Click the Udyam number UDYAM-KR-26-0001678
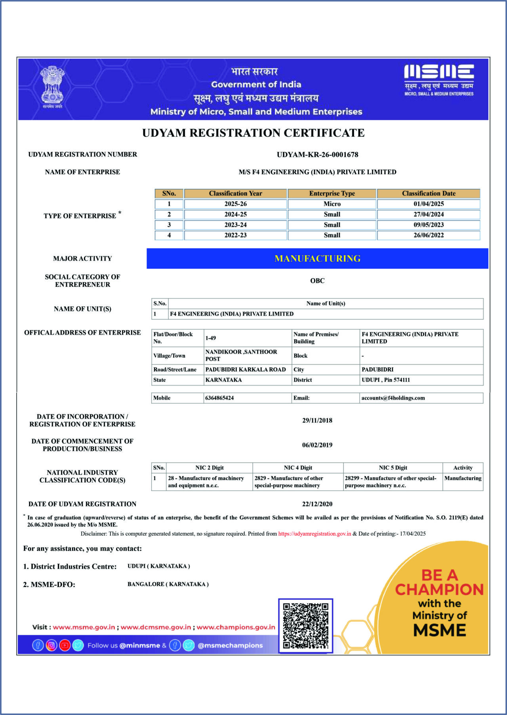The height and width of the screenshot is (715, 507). click(x=317, y=154)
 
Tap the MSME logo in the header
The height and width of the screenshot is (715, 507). click(x=439, y=80)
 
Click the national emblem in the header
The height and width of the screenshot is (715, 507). click(x=53, y=87)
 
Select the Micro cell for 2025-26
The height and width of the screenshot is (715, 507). click(x=332, y=204)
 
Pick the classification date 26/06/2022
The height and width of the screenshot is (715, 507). click(x=429, y=235)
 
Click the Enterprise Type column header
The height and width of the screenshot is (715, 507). click(x=332, y=193)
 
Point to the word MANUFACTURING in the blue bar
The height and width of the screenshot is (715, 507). click(x=317, y=259)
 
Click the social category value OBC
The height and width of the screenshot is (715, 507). click(x=317, y=281)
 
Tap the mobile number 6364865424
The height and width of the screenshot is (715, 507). click(x=219, y=398)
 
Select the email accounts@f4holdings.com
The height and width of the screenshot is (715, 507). click(x=393, y=398)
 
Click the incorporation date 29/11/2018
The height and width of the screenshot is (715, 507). click(x=317, y=420)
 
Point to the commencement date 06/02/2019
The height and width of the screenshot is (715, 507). click(x=317, y=445)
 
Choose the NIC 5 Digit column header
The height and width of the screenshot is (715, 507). click(x=393, y=468)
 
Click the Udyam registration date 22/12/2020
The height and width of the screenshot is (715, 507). click(x=317, y=504)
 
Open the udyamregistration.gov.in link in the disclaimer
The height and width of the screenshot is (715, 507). click(x=314, y=534)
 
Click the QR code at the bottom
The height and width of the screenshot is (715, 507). click(x=305, y=625)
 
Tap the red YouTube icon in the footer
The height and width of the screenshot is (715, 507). click(x=65, y=645)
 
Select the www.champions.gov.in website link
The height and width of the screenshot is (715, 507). click(x=236, y=627)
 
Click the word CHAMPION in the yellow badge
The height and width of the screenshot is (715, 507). click(x=439, y=589)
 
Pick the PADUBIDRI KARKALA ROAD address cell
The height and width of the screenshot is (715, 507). click(x=246, y=370)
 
